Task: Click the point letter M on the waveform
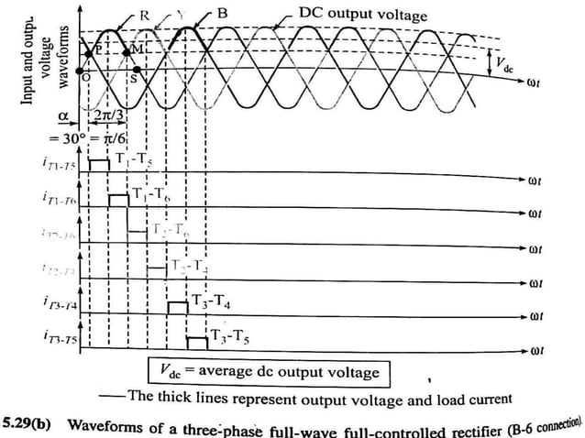point(138,46)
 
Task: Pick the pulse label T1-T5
point(135,158)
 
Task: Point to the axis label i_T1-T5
point(58,162)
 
